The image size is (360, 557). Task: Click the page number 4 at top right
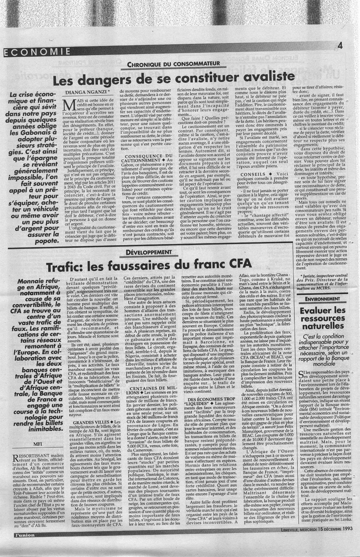tap(340, 46)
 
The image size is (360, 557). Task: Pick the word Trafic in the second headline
tap(66, 267)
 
